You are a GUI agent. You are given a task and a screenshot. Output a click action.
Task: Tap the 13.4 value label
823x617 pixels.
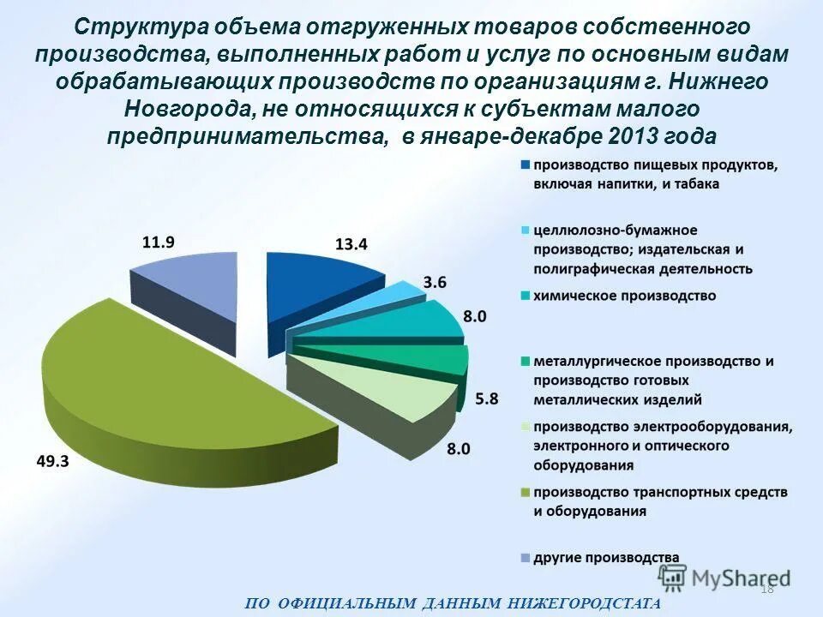351,244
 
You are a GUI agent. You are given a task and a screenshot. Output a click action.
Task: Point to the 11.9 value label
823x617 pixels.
158,242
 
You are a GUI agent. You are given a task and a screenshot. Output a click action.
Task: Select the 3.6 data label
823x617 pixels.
435,281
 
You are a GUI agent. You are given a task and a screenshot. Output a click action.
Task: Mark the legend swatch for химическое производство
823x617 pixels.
525,296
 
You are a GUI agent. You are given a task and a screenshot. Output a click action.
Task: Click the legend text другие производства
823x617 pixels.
606,557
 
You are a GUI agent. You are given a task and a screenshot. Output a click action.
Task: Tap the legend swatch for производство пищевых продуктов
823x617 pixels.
525,165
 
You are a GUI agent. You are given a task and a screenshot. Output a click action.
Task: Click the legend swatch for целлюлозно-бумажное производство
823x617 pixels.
525,231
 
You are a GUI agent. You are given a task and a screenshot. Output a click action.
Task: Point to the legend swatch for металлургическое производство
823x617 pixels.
525,361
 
